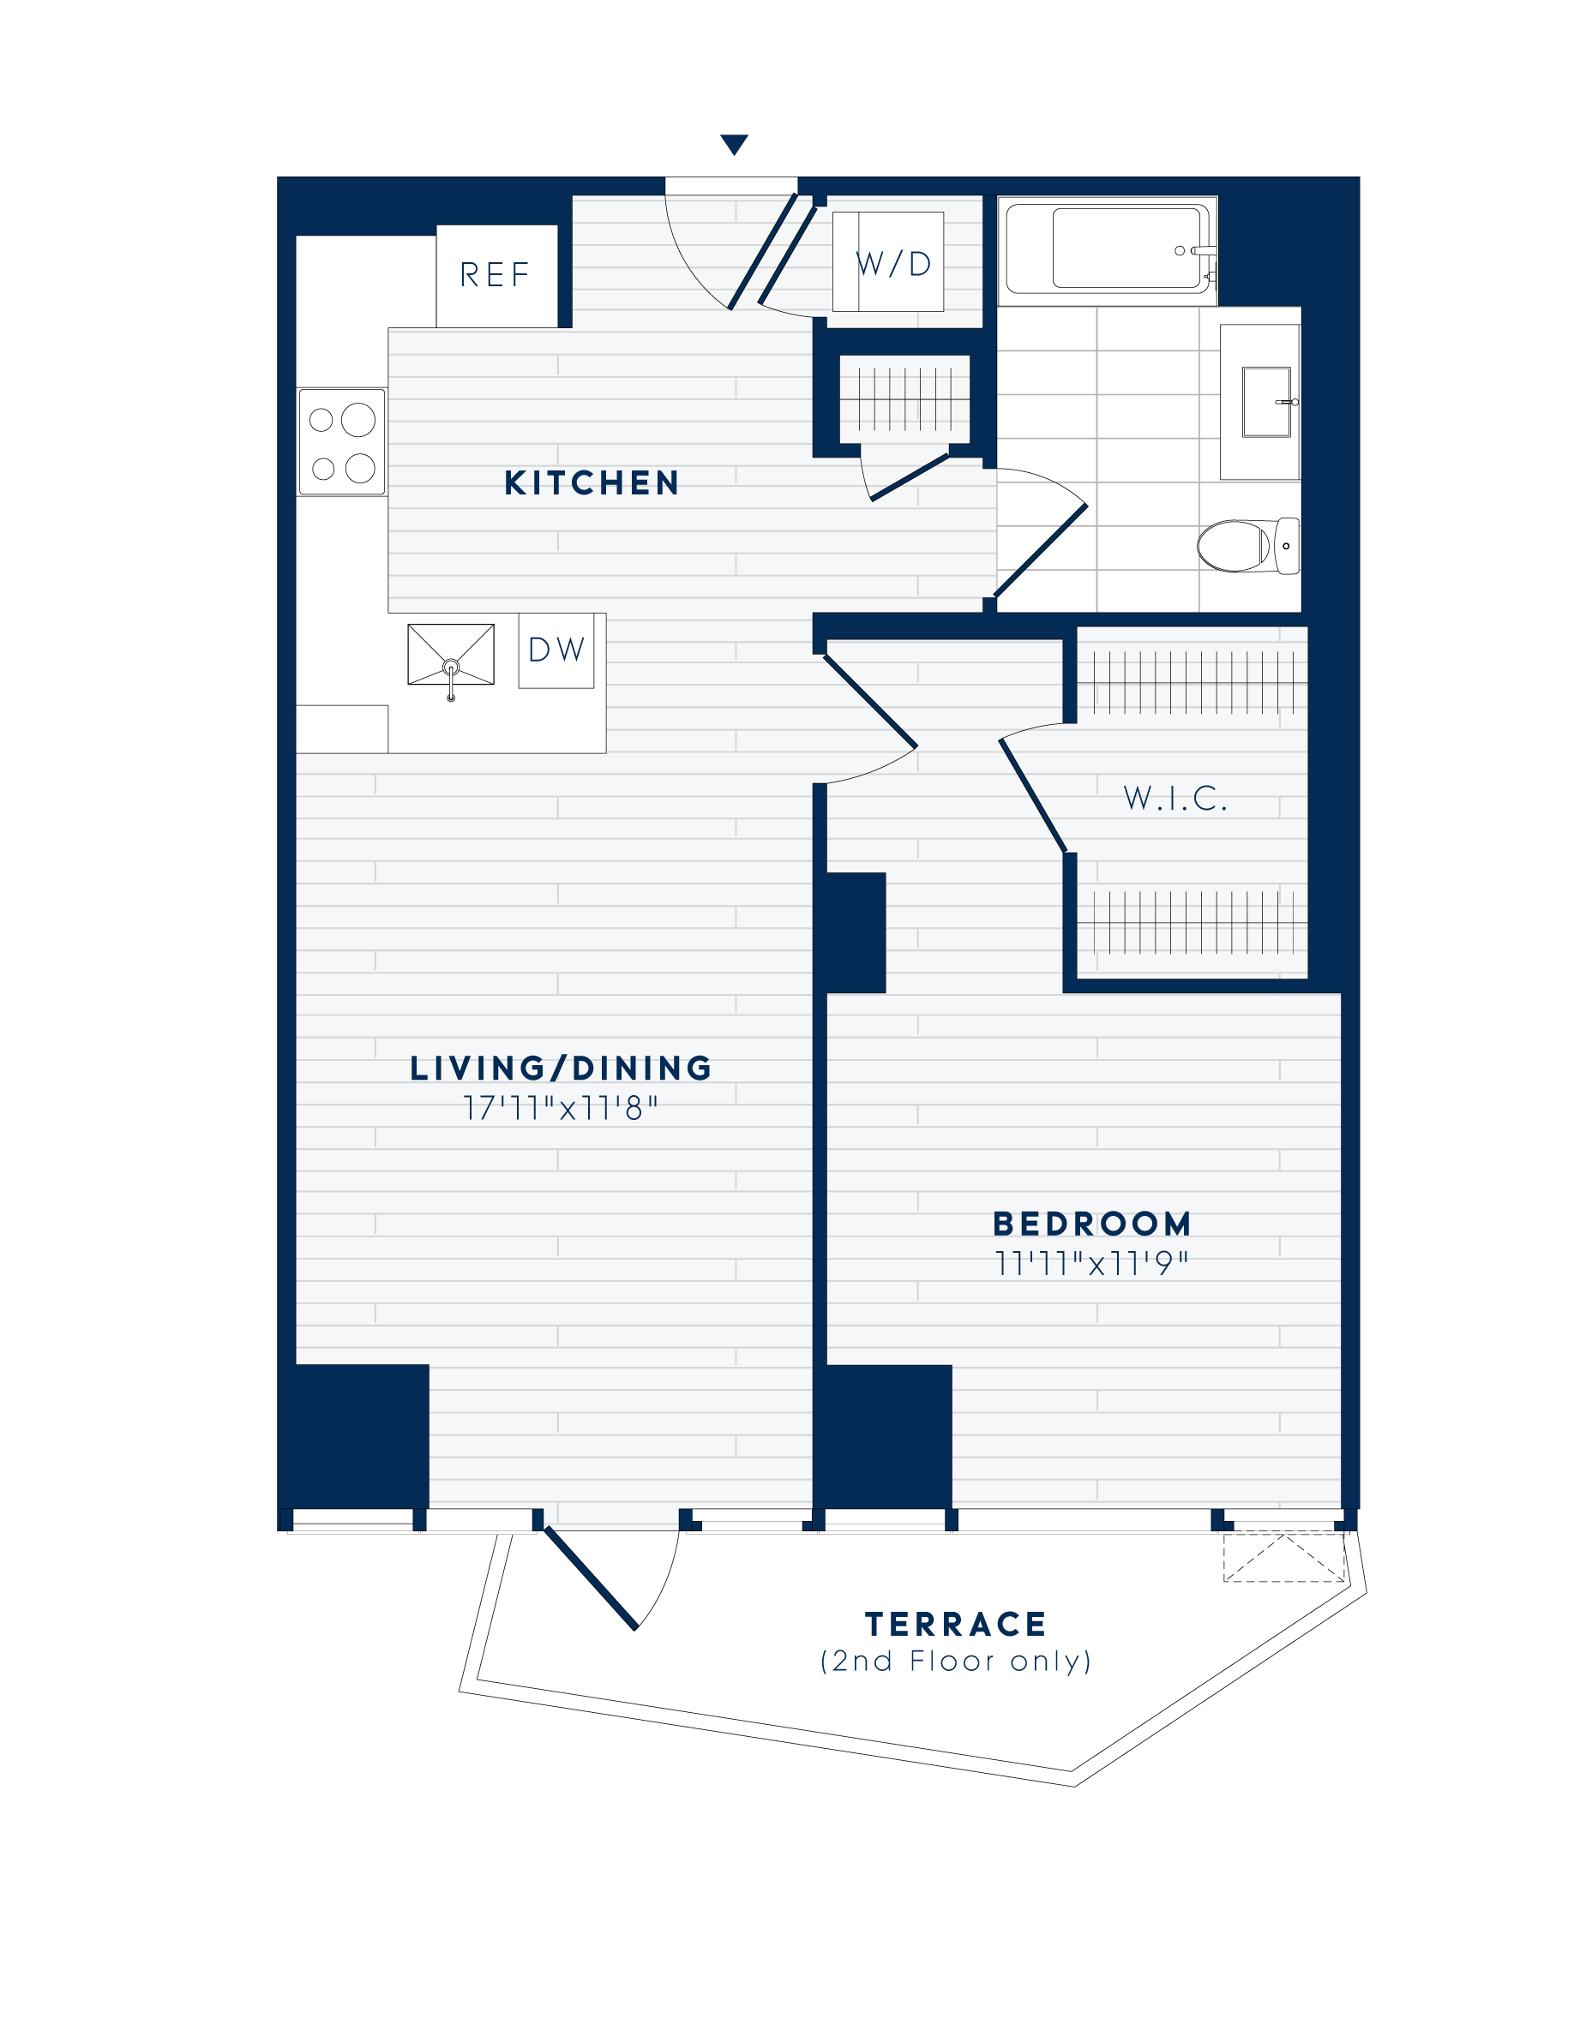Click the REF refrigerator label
pos(496,275)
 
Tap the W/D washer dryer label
pos(894,264)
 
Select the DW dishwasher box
pos(556,650)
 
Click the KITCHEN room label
pos(592,483)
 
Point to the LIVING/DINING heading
pos(562,1069)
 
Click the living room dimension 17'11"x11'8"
pos(562,1110)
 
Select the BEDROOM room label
pos(1092,1224)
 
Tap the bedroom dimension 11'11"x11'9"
pos(1092,1264)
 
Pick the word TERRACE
pos(957,1625)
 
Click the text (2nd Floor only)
pos(957,1662)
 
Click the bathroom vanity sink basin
pos(1266,402)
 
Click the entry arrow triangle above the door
pos(735,145)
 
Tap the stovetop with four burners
pos(342,442)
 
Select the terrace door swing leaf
pos(590,1578)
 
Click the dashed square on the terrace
pos(1284,1558)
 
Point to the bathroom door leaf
pos(1041,550)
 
